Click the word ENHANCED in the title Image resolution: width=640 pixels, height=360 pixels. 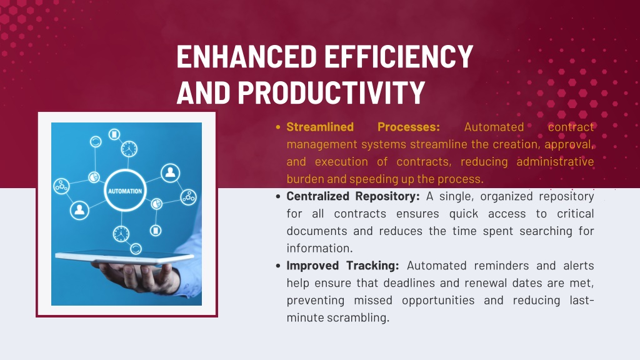click(246, 57)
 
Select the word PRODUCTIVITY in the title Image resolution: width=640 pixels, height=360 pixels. click(331, 92)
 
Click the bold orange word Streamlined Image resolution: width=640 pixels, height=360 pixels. click(320, 127)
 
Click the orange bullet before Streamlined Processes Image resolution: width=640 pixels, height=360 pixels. click(278, 127)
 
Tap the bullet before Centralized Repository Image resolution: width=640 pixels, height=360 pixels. click(278, 197)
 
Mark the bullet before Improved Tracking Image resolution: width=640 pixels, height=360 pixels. click(278, 266)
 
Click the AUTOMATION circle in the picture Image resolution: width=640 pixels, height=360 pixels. click(125, 191)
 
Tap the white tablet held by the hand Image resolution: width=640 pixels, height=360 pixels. click(124, 257)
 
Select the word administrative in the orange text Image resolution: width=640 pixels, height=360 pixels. click(555, 162)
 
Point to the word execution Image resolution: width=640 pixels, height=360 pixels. click(341, 162)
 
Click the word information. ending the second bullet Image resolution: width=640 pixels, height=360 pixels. click(319, 248)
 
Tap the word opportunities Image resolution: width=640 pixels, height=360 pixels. click(438, 301)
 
